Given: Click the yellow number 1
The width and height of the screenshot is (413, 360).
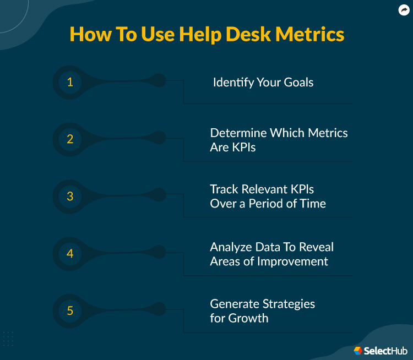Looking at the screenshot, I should pyautogui.click(x=70, y=82).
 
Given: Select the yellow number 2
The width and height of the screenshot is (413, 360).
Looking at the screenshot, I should pyautogui.click(x=70, y=139).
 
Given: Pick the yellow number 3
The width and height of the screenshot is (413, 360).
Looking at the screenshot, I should pyautogui.click(x=70, y=196).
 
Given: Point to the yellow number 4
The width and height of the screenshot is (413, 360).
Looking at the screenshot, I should pyautogui.click(x=70, y=254).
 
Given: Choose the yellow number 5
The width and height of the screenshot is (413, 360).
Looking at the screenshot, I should pyautogui.click(x=70, y=310).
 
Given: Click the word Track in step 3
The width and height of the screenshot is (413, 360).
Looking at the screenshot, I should pyautogui.click(x=225, y=189).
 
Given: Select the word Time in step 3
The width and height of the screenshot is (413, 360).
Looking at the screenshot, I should pyautogui.click(x=312, y=204).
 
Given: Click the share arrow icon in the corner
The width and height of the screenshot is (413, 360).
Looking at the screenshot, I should pyautogui.click(x=404, y=9).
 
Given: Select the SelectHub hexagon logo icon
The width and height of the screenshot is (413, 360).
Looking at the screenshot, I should pyautogui.click(x=358, y=351).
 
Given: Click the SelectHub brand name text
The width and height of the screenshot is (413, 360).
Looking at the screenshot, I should pyautogui.click(x=385, y=351).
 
